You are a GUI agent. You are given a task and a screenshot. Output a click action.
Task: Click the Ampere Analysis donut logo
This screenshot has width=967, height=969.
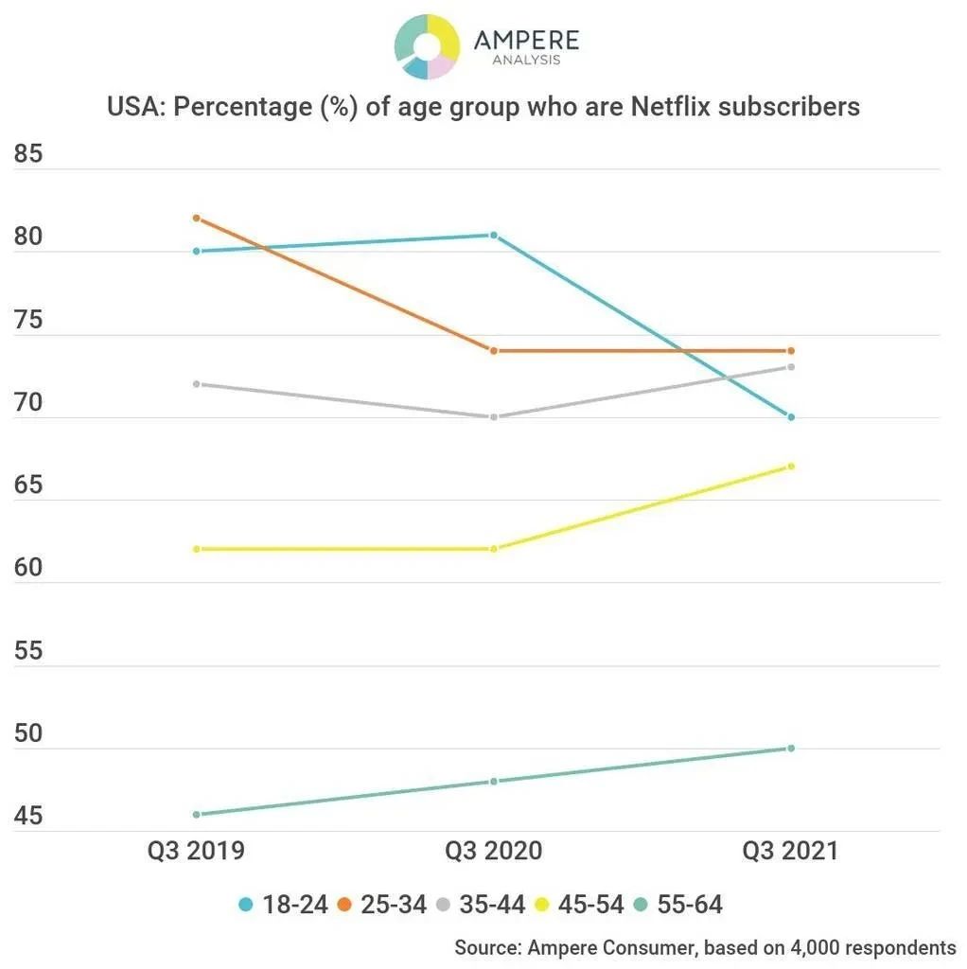(427, 45)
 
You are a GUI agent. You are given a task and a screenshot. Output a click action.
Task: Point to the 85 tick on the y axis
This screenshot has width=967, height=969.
(28, 153)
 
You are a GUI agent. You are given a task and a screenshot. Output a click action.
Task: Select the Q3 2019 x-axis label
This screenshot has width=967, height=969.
(196, 851)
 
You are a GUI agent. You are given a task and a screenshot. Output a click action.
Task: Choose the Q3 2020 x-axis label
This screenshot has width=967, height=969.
(494, 851)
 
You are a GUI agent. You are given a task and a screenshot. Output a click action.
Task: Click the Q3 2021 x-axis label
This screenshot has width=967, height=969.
(790, 851)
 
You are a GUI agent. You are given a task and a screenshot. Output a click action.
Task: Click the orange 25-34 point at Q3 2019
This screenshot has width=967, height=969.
(196, 219)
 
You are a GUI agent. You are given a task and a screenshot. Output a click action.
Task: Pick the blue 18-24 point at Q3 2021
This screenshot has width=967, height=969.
(791, 417)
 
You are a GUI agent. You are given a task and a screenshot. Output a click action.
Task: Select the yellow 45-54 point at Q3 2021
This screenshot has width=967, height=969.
(791, 467)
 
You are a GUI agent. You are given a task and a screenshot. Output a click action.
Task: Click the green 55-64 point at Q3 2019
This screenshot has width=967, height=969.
(196, 814)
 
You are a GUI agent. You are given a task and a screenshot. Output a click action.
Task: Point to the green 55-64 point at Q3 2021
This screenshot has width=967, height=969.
(791, 749)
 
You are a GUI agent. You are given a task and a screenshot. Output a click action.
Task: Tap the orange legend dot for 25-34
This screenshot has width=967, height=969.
(345, 905)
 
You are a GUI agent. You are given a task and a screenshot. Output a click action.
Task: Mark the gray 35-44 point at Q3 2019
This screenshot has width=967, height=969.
(196, 384)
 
